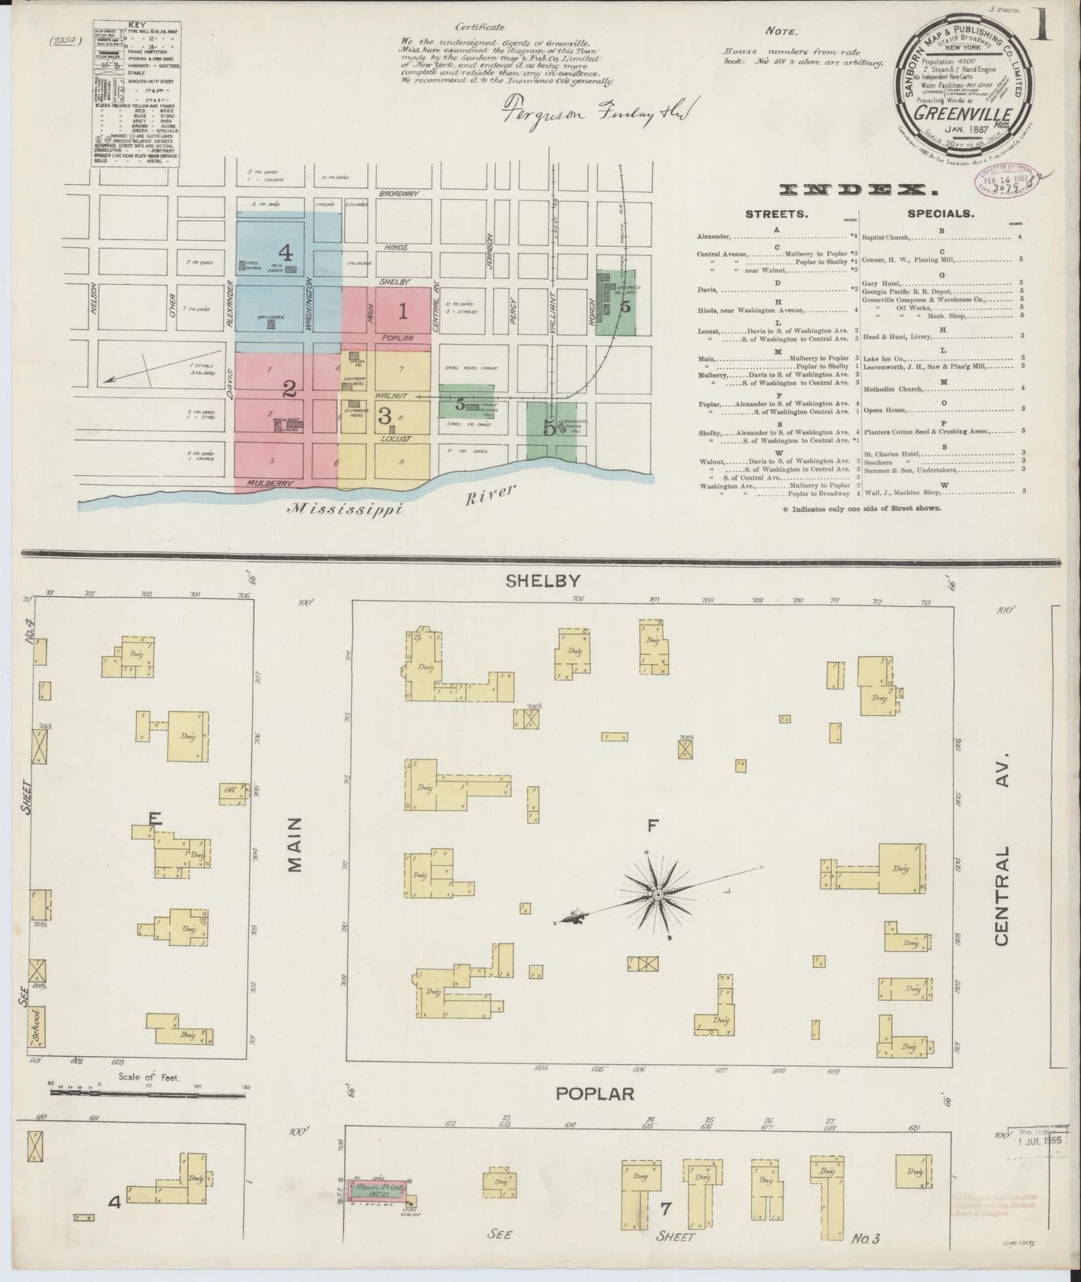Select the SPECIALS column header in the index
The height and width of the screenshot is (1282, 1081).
coord(940,213)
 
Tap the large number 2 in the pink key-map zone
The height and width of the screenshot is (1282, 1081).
coord(289,388)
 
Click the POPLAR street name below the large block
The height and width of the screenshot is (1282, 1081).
coord(595,1093)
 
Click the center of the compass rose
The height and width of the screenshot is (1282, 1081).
coord(658,895)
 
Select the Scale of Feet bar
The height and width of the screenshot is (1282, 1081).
coord(148,1093)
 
